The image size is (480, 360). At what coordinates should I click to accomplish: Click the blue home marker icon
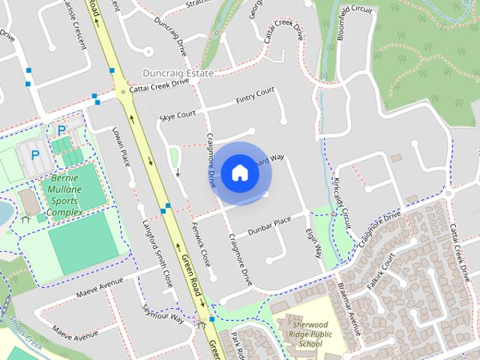(x=239, y=172)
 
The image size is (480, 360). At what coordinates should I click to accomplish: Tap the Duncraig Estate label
(x=178, y=73)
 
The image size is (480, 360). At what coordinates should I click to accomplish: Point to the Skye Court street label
(x=178, y=115)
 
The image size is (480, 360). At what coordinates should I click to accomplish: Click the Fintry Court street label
(x=255, y=95)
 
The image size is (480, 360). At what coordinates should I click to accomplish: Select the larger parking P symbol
(x=34, y=156)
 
